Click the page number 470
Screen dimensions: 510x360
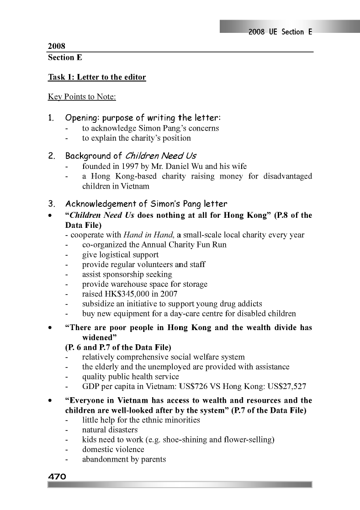point(58,476)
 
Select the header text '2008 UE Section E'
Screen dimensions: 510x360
point(280,32)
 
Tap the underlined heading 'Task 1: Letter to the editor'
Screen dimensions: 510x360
point(97,77)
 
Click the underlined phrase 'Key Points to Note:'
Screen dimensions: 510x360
point(75,97)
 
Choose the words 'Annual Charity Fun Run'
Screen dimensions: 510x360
point(185,245)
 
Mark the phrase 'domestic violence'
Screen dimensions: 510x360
point(113,449)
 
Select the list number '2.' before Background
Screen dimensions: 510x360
point(52,156)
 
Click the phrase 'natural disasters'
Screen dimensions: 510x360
point(110,430)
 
